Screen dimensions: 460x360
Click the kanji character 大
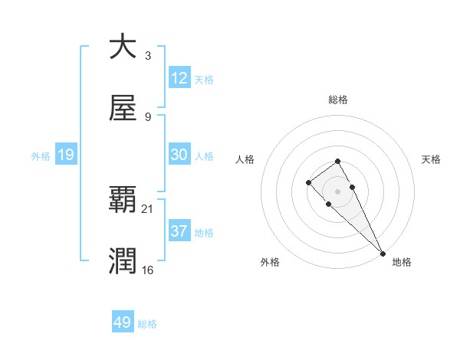point(123,47)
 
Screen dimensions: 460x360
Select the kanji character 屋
point(123,108)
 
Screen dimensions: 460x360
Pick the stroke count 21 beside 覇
point(149,208)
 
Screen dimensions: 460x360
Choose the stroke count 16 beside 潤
point(149,270)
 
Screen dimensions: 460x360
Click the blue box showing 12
point(179,78)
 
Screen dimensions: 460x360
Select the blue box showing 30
point(179,155)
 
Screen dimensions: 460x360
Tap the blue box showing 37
point(179,231)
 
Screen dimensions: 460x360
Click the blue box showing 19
point(66,155)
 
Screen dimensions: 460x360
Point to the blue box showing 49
point(123,322)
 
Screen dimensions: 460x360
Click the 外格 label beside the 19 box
point(41,156)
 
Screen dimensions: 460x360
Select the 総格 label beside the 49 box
point(147,324)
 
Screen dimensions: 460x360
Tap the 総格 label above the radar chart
point(338,100)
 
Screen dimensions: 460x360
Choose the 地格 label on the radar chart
point(402,262)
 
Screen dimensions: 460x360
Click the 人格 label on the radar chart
point(245,159)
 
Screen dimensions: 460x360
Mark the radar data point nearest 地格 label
point(383,253)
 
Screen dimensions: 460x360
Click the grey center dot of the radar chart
point(337,191)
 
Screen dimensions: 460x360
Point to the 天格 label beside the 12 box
point(204,80)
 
